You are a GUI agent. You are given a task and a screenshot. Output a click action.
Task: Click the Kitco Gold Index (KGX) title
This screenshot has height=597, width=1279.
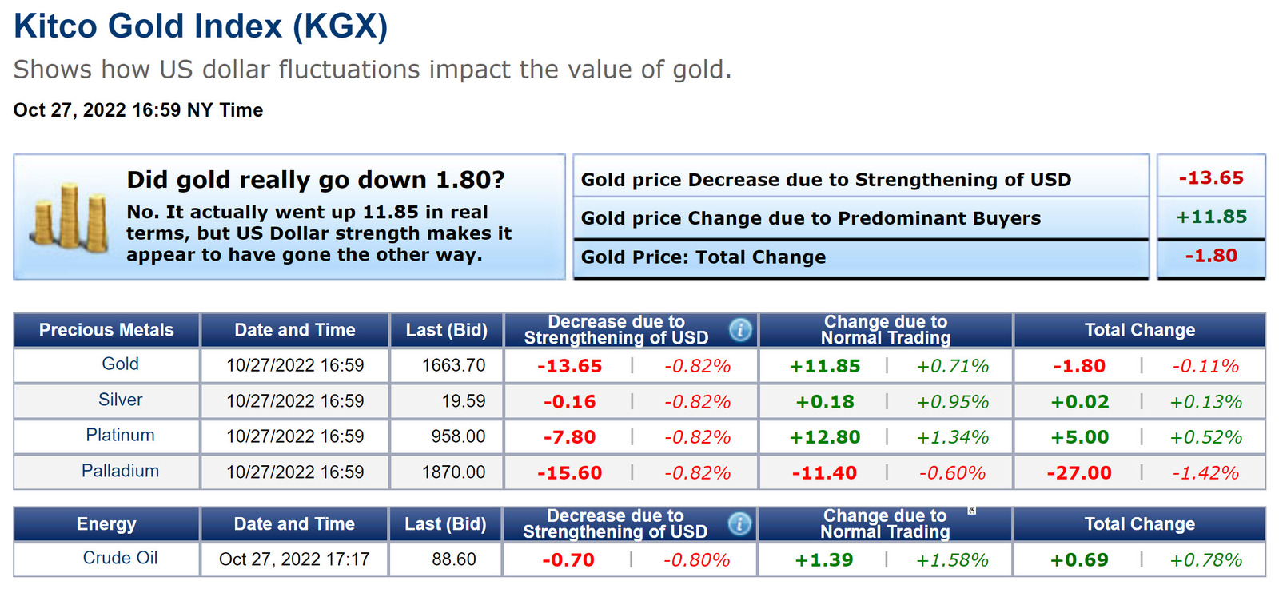coord(201,26)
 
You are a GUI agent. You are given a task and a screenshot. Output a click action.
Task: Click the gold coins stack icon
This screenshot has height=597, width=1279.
coord(70,217)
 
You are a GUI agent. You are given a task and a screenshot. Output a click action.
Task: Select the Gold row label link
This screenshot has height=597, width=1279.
coord(120,364)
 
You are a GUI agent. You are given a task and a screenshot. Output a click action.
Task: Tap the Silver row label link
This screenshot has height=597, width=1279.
coord(120,400)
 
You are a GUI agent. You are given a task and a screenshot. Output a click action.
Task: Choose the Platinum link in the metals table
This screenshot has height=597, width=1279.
coord(120,436)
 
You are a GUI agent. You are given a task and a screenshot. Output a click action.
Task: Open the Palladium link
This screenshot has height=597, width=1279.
coord(120,471)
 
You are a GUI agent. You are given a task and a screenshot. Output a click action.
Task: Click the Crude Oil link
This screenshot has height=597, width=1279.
coord(120,558)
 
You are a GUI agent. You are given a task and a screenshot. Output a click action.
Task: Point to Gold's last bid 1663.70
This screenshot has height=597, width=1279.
coord(453,365)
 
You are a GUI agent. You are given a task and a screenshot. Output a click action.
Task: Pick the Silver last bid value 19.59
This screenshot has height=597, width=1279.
coord(464,401)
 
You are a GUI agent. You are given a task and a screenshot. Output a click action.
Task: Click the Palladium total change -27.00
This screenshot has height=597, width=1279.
coord(1079,473)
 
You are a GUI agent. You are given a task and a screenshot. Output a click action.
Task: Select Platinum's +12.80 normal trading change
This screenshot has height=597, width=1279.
coord(825,437)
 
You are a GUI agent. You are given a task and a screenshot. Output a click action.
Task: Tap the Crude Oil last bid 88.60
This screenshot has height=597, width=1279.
coord(453,559)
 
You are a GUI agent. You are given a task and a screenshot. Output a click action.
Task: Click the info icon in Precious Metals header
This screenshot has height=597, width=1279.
coord(740,329)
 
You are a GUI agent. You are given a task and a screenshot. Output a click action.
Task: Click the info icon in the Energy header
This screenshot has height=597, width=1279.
coord(739,524)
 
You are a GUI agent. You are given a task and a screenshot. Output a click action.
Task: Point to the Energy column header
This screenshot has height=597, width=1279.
coord(106,524)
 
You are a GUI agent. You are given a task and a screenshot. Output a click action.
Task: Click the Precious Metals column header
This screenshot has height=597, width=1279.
coord(106,330)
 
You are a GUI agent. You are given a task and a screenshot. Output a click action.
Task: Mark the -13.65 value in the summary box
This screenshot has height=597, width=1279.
coord(1211,177)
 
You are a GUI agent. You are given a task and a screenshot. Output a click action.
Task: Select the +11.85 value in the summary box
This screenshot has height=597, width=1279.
coord(1211,217)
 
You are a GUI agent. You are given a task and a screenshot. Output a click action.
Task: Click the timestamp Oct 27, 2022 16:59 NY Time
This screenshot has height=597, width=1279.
coord(138,110)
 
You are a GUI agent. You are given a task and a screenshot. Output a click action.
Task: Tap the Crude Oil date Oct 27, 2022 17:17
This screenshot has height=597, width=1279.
coord(294,559)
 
